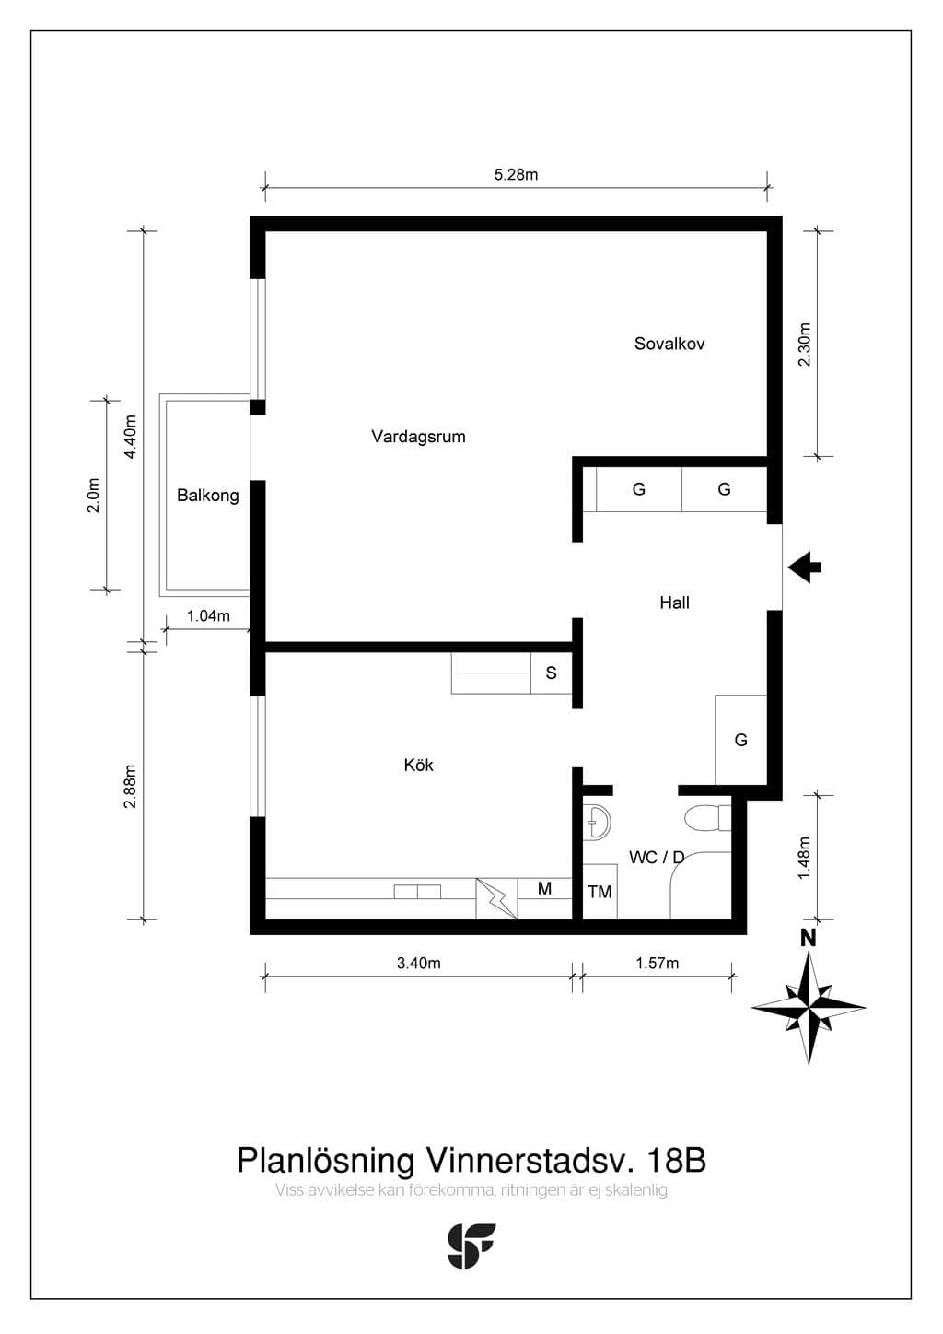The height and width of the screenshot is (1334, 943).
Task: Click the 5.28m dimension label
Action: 516,174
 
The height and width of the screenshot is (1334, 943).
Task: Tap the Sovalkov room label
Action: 669,344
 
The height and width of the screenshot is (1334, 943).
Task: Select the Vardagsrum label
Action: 418,437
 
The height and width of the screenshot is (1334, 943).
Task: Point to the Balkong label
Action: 208,496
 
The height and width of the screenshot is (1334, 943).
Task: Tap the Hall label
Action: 674,603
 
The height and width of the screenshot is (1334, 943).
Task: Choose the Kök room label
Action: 418,765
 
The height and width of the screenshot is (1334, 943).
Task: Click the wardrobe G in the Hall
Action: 740,740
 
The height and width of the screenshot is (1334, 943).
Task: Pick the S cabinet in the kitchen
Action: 552,673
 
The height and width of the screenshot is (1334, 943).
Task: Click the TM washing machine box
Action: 600,892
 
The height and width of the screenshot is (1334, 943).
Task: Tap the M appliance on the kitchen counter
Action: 545,889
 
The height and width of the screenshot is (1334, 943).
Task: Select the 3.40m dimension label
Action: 418,963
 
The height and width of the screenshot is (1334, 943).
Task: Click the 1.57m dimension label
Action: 657,963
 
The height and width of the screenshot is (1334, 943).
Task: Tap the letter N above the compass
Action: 808,939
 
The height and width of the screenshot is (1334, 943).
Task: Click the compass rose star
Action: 809,1008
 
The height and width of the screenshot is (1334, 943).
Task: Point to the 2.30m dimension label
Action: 804,345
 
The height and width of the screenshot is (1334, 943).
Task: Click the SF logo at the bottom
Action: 471,1246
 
